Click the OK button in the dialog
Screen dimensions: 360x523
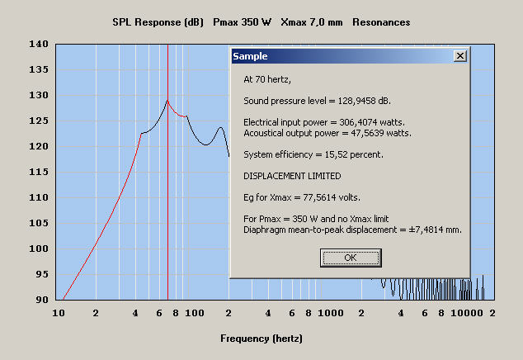pos(350,258)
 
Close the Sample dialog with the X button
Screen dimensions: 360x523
pos(460,56)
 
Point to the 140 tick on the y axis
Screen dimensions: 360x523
pos(39,45)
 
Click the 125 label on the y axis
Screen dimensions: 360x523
pos(39,121)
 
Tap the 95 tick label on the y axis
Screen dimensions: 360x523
pos(41,274)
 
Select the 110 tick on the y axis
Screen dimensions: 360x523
pos(39,198)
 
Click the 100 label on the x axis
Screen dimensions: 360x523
pos(194,315)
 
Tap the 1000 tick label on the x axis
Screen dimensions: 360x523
pos(330,315)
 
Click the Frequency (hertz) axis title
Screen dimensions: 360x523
pos(261,339)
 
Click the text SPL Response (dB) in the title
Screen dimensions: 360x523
pos(156,21)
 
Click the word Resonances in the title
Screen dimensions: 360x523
pos(381,21)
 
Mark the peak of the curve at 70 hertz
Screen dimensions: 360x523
pos(167,101)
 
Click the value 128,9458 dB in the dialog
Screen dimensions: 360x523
pos(360,101)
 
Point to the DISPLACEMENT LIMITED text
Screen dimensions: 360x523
pos(292,176)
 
